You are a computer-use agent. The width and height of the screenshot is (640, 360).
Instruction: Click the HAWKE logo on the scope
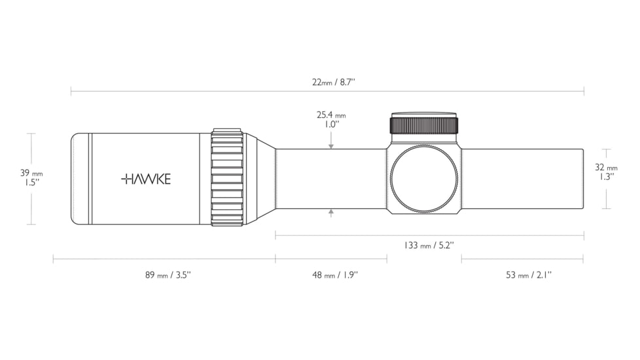(145, 179)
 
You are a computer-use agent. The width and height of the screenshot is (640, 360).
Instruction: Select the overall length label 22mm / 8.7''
(333, 82)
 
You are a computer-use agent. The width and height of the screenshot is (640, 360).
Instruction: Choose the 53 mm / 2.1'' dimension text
(528, 275)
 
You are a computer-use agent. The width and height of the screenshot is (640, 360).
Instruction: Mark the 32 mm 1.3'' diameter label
(607, 171)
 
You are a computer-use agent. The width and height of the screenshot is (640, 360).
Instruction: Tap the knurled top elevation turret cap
(423, 124)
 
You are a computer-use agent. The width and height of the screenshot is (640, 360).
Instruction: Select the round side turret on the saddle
(423, 179)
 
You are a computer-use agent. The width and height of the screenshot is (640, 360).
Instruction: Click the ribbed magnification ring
(227, 178)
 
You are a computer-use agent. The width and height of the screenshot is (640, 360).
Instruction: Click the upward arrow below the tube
(332, 212)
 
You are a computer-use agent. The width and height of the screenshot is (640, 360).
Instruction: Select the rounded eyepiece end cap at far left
(80, 179)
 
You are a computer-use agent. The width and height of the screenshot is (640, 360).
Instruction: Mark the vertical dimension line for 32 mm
(607, 196)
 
